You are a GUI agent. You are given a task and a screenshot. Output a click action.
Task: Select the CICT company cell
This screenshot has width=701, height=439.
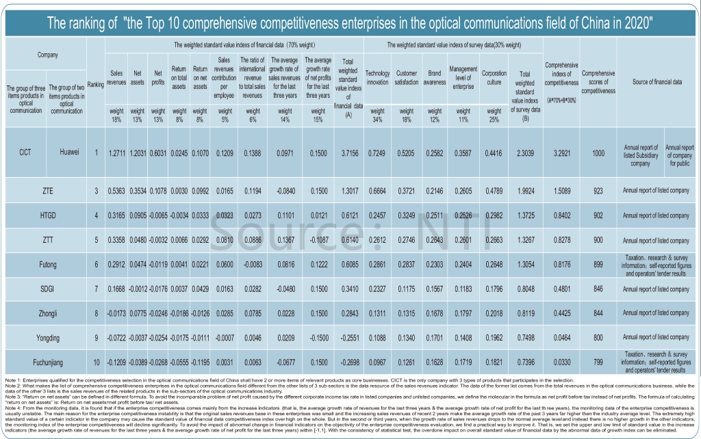click(x=25, y=152)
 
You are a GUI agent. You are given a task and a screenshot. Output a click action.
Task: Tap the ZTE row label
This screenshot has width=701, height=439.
click(x=47, y=190)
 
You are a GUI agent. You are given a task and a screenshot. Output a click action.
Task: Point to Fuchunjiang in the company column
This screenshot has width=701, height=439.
click(x=47, y=362)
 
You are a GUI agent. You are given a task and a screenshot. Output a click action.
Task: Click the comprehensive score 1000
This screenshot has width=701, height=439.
click(x=598, y=152)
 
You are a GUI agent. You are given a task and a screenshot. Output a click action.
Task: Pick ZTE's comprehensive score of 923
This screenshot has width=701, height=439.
click(x=598, y=190)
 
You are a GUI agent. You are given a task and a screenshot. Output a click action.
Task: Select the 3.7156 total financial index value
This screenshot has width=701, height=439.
click(x=348, y=152)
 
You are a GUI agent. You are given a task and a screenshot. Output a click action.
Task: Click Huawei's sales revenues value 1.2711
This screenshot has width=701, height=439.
click(x=116, y=152)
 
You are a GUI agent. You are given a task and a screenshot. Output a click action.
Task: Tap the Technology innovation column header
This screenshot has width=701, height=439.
click(x=377, y=77)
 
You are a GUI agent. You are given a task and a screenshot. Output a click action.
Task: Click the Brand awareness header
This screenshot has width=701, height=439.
click(x=435, y=77)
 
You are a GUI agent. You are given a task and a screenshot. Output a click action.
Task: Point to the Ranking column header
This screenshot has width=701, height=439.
click(x=96, y=84)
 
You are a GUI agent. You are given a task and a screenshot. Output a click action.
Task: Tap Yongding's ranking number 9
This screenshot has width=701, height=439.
click(x=97, y=337)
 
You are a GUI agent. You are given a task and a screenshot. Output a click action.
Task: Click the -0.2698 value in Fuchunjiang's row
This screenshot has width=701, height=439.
click(x=348, y=362)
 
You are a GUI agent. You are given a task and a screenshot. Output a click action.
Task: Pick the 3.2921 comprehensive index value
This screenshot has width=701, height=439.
click(x=561, y=152)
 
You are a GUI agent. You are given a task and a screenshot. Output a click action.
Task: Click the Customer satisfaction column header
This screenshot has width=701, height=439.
click(x=407, y=77)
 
